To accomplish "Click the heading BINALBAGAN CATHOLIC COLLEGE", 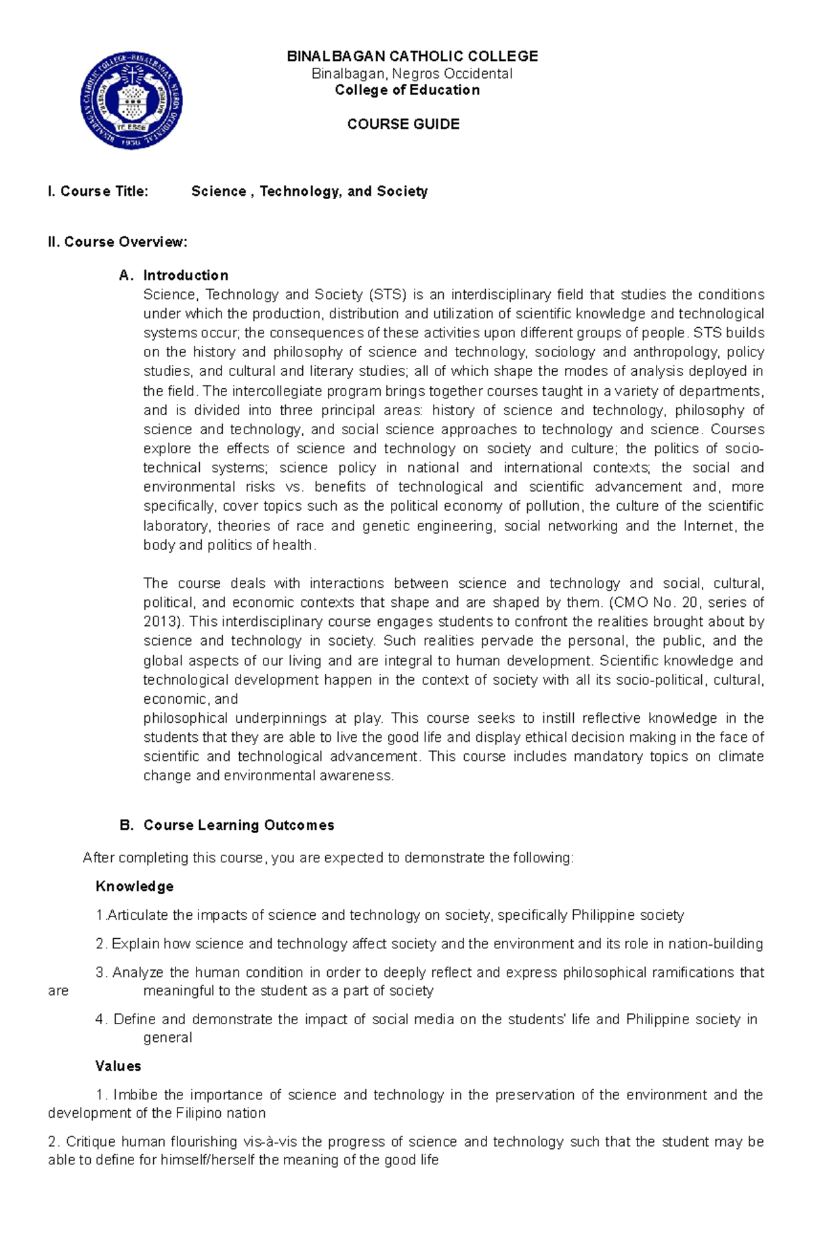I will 413,56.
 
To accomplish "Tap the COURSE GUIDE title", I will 403,124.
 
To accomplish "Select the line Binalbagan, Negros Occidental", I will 412,74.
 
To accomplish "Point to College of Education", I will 407,90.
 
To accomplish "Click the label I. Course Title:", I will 98,192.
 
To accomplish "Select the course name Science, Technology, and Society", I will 309,192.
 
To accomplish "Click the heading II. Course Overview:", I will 117,242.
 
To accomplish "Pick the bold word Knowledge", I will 135,886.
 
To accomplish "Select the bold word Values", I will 119,1066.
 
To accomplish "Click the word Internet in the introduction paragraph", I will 709,526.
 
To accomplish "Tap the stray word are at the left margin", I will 58,991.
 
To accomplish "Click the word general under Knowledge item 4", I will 167,1037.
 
